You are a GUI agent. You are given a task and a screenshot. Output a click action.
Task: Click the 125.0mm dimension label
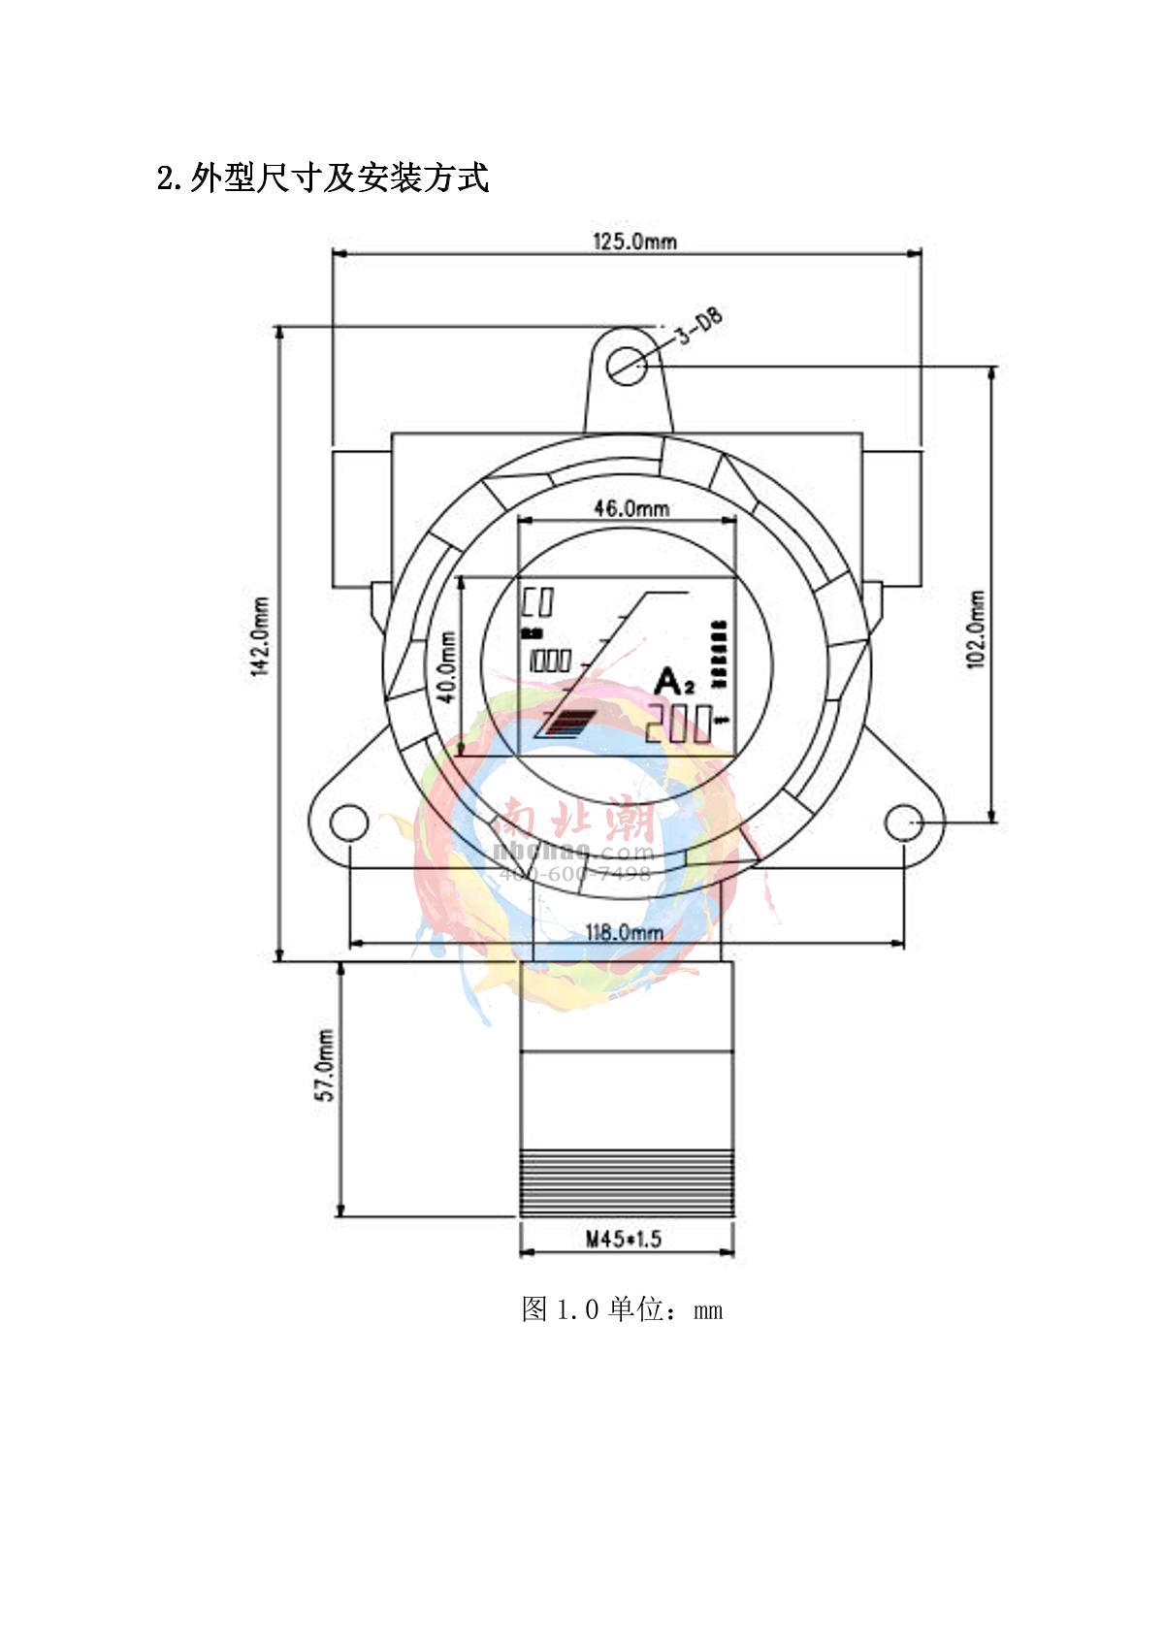pos(634,242)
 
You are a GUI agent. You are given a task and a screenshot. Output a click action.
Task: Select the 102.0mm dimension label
pos(976,629)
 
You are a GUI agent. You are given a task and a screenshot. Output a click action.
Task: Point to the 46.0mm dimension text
pos(630,508)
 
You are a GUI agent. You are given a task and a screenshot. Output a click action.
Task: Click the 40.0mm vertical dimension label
pos(447,668)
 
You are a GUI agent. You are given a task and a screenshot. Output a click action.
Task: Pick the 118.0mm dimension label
pos(624,933)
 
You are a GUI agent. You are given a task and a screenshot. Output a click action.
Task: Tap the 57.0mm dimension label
pos(327,1064)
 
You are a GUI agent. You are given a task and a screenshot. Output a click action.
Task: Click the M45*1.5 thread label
pos(623,1239)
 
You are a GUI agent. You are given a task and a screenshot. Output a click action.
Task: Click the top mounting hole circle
pos(630,365)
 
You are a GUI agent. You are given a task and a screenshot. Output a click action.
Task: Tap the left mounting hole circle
pos(349,823)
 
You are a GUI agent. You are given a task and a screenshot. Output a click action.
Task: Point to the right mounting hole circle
pos(904,823)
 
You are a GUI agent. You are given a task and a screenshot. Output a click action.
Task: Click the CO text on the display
pos(537,603)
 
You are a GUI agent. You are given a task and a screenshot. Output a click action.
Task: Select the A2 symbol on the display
pos(673,683)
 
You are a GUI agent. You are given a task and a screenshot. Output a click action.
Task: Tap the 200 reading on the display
pos(678,724)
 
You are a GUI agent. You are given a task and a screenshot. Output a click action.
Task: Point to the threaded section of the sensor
pos(627,1182)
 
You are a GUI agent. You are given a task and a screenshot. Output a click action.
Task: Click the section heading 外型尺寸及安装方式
pos(323,178)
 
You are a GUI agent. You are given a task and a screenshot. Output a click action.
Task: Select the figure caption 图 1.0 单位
pos(621,1309)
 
